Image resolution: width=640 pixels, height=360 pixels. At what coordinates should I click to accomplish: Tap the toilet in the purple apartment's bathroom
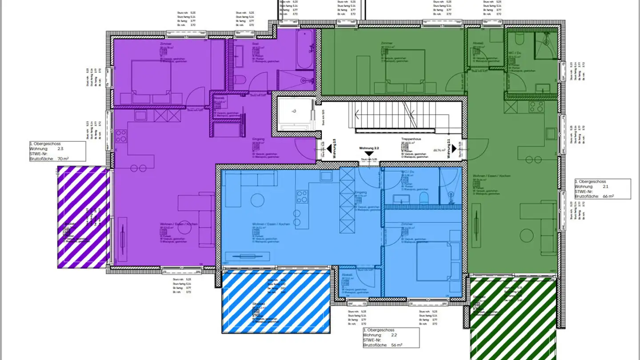(240, 80)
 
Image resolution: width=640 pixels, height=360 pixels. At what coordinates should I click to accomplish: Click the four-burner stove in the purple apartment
(121, 136)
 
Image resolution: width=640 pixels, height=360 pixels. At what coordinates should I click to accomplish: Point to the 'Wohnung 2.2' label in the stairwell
(369, 148)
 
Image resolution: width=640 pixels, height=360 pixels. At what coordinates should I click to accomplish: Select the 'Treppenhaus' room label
(411, 139)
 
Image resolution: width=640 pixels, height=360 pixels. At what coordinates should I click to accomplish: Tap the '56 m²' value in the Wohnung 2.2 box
(396, 345)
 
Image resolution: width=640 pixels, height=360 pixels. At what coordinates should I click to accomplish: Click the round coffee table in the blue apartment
(258, 201)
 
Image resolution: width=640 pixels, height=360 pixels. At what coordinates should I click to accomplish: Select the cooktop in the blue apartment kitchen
(302, 196)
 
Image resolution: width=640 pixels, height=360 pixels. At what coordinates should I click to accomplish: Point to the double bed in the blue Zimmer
(433, 262)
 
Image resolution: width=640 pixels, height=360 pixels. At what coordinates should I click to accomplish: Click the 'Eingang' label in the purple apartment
(258, 139)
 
